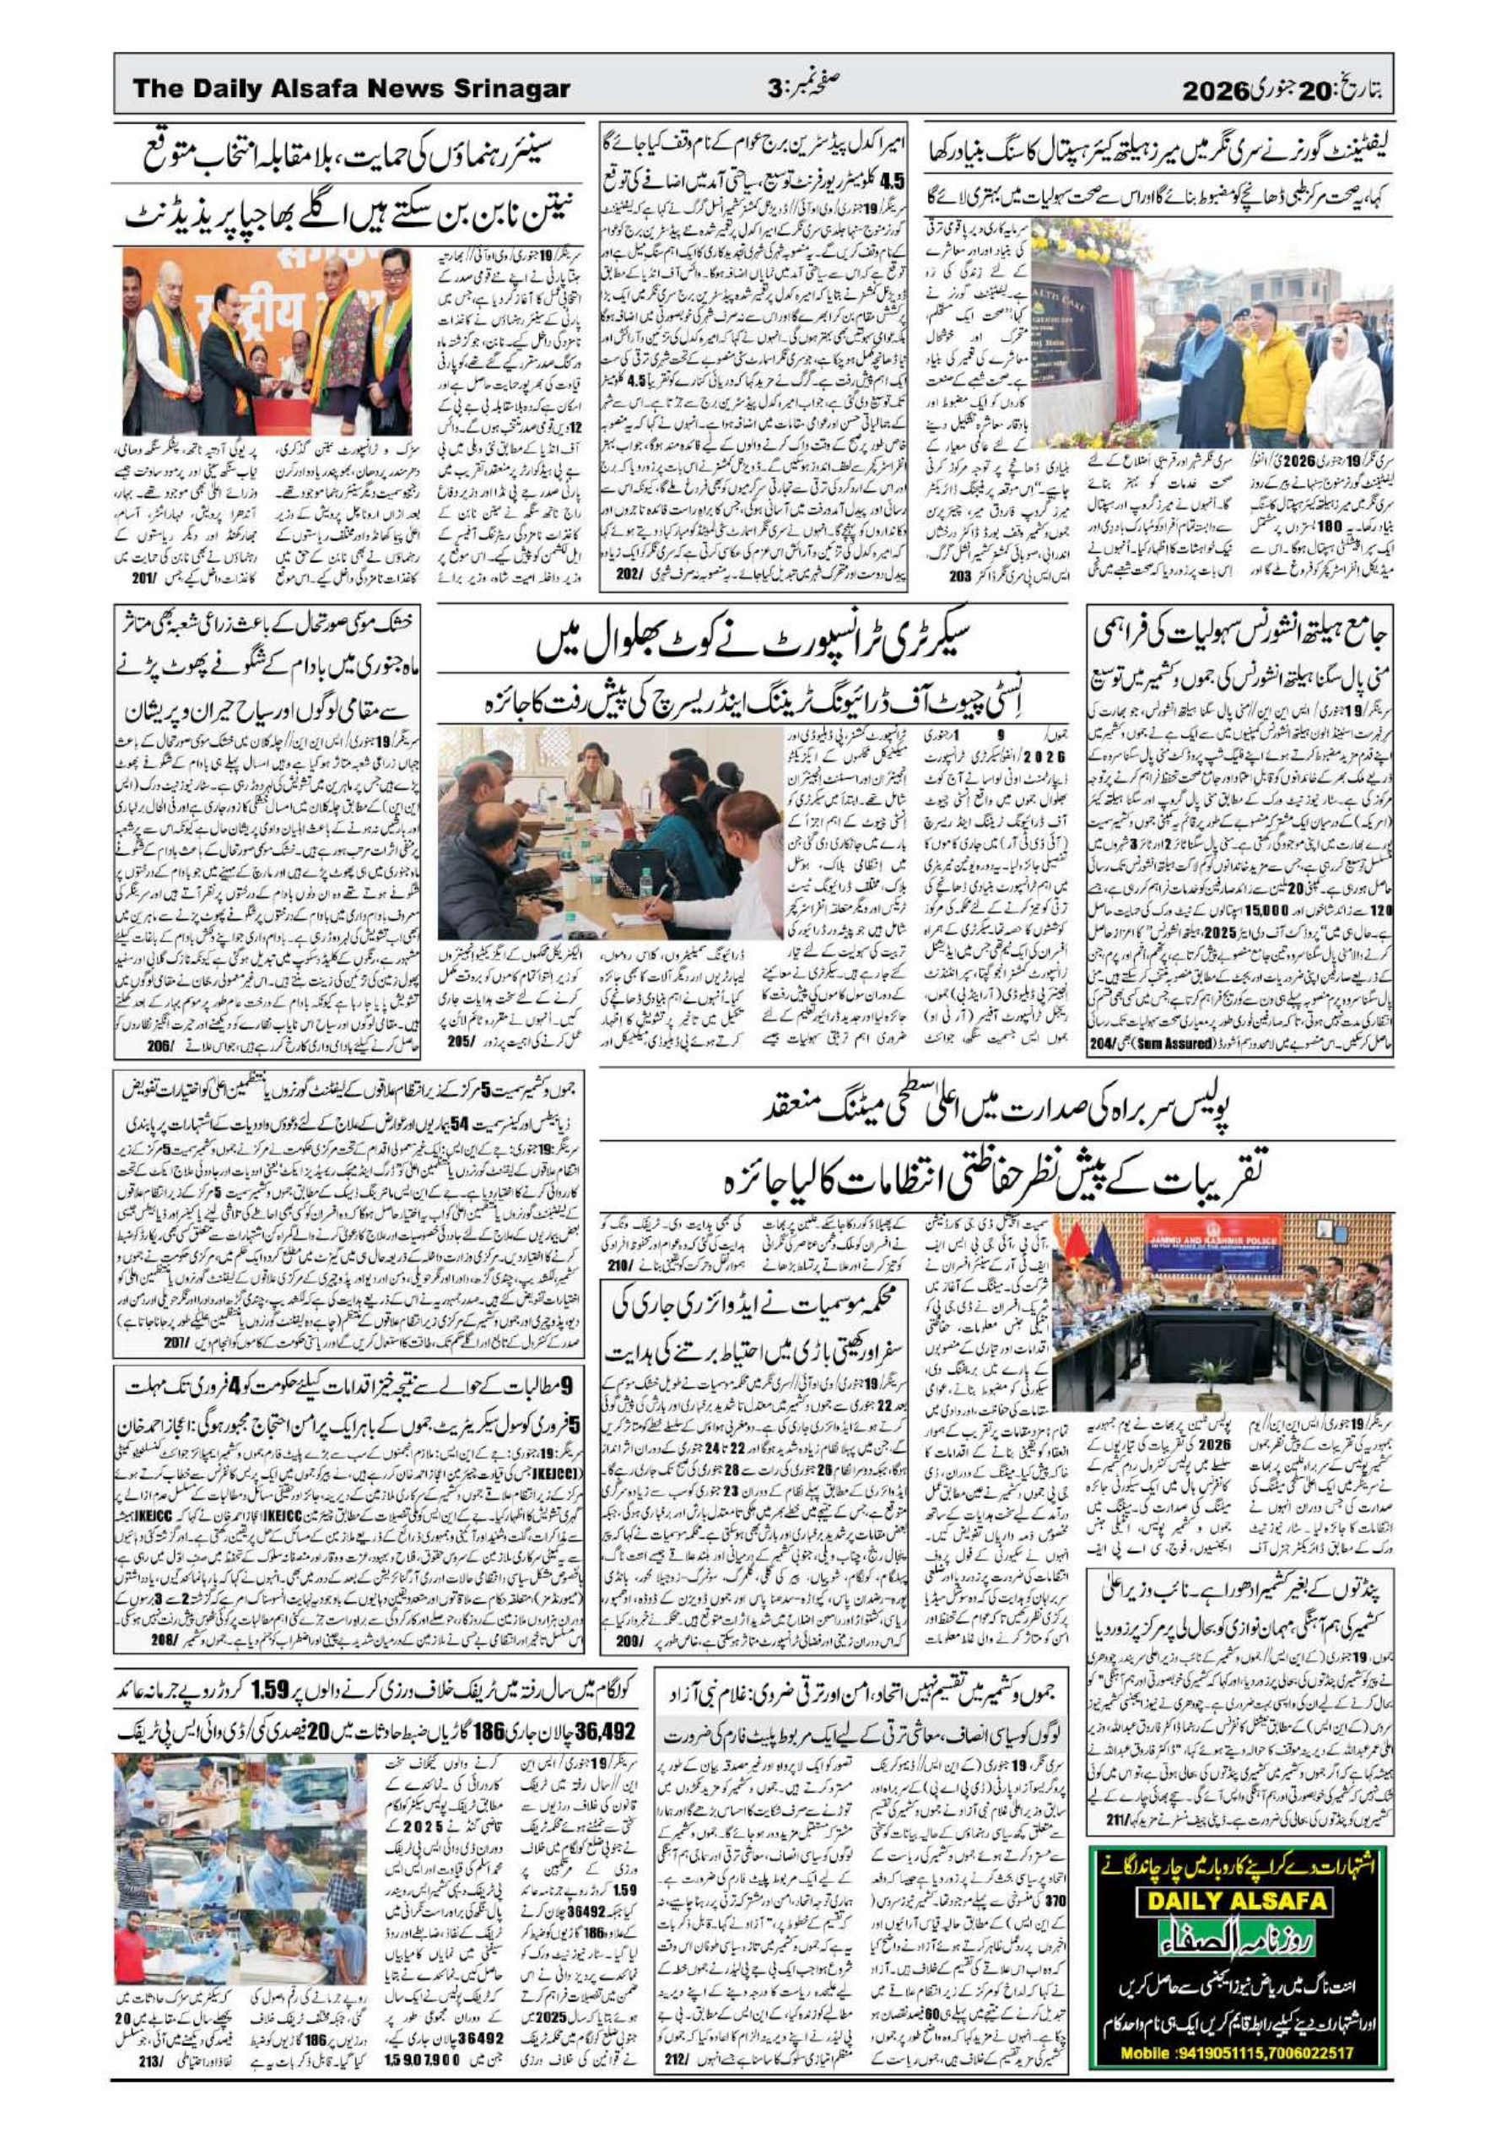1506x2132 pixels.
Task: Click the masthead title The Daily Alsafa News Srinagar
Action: coord(350,89)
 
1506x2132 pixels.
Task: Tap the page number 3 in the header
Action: coord(775,90)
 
